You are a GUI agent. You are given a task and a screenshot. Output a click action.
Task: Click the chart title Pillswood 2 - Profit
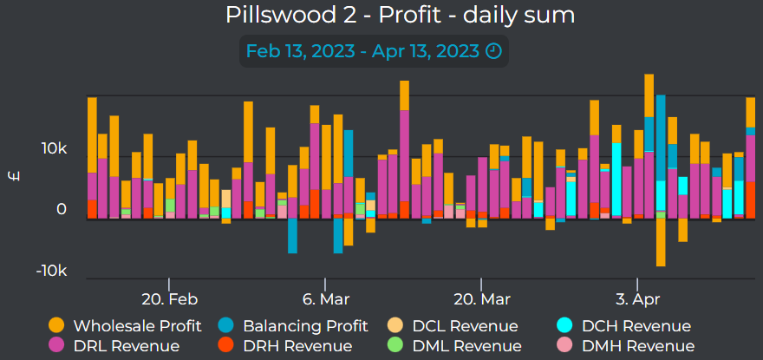point(400,16)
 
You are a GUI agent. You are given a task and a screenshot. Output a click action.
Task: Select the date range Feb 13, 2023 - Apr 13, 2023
point(362,51)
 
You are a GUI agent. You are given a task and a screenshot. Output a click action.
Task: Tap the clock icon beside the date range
point(493,51)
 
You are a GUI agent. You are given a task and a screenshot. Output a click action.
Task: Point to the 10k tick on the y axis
point(53,149)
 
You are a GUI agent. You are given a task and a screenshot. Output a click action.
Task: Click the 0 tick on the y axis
point(62,210)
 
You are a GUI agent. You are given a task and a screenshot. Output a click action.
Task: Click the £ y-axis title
point(13,178)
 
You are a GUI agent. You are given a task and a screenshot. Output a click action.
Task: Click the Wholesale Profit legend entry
point(137,326)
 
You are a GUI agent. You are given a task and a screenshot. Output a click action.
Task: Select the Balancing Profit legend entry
point(306,326)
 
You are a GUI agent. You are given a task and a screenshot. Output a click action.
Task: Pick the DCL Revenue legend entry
point(465,326)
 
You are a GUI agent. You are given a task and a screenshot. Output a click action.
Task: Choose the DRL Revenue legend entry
point(126,346)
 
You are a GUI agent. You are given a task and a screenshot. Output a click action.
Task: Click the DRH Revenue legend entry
point(297,346)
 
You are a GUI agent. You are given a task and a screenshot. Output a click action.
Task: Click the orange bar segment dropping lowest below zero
point(661,242)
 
